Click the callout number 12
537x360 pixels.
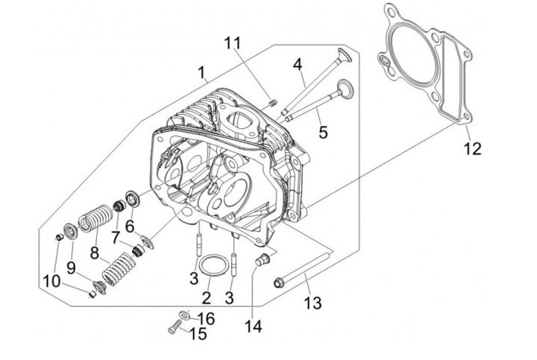pyautogui.click(x=471, y=148)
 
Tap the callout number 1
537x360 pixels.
pyautogui.click(x=201, y=72)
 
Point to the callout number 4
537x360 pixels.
pyautogui.click(x=298, y=65)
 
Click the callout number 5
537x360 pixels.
pyautogui.click(x=323, y=133)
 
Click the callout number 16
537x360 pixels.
pyautogui.click(x=207, y=318)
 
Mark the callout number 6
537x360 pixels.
pyautogui.click(x=130, y=226)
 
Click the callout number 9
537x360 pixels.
pyautogui.click(x=71, y=267)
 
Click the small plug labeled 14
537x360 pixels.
pyautogui.click(x=262, y=259)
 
